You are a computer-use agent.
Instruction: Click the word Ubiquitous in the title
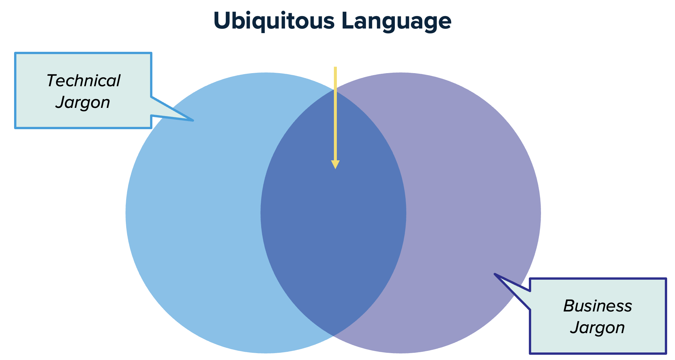tap(274, 21)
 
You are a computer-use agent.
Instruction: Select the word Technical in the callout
tap(84, 81)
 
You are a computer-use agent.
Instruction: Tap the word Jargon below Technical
tap(83, 103)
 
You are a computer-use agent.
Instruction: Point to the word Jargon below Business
tap(598, 328)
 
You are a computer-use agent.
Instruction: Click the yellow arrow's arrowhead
tap(335, 165)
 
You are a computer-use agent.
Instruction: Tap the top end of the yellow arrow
tap(335, 67)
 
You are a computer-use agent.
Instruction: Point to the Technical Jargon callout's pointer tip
tap(193, 121)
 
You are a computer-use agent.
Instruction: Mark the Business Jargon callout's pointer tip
tap(494, 274)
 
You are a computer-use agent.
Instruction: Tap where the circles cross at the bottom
tap(333, 336)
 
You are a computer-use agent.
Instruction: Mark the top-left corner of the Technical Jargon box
tap(15, 53)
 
